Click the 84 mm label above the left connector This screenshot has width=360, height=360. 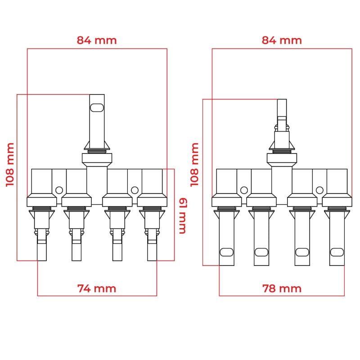tap(97, 40)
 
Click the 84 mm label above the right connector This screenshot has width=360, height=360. tap(282, 40)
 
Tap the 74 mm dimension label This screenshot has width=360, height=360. tap(97, 288)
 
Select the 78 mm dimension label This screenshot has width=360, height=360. tap(282, 288)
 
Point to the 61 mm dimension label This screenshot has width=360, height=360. tap(183, 216)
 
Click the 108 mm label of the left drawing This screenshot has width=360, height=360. tap(10, 165)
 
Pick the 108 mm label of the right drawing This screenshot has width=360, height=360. tap(194, 165)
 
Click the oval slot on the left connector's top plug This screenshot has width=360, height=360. tap(97, 108)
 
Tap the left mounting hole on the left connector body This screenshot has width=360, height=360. tap(59, 190)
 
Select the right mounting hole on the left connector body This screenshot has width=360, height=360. tap(135, 190)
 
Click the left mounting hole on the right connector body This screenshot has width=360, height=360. tap(244, 190)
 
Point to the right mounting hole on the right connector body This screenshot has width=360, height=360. tap(319, 190)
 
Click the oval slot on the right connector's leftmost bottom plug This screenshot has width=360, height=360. tap(227, 252)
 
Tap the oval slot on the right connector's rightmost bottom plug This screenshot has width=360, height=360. tap(337, 252)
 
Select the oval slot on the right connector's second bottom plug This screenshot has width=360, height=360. tap(261, 252)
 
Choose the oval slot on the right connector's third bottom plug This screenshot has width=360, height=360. tap(302, 252)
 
